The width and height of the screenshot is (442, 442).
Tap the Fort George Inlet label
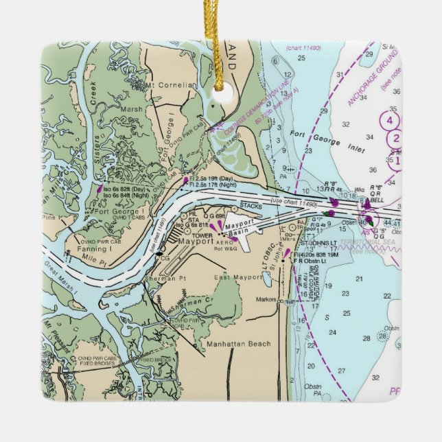[x=321, y=140]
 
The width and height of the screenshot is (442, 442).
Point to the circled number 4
[x=390, y=121]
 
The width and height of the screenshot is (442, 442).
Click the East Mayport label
[x=233, y=277]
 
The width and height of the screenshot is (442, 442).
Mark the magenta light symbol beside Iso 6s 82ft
[x=100, y=187]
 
